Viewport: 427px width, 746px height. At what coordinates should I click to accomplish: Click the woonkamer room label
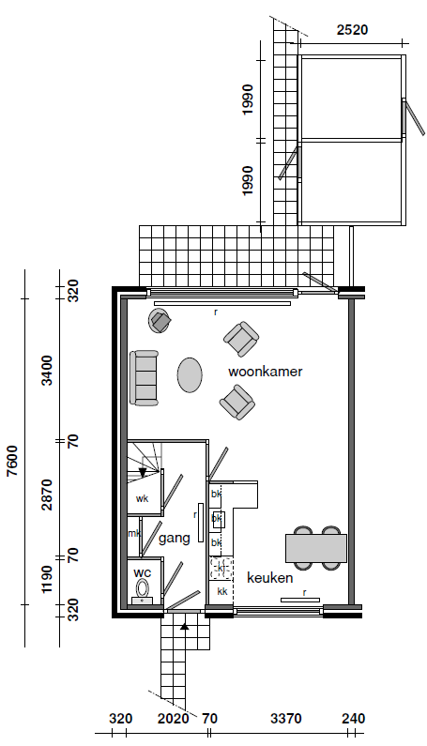tap(266, 371)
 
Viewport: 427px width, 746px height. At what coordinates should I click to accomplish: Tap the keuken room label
tap(269, 578)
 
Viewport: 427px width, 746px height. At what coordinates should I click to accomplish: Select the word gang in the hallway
tap(175, 539)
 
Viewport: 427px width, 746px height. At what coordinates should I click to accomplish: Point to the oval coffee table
tap(190, 375)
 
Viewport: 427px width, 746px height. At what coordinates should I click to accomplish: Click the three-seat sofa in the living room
tap(144, 378)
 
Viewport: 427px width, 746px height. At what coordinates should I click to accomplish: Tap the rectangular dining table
tap(316, 548)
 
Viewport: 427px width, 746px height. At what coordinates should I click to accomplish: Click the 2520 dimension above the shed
tap(352, 29)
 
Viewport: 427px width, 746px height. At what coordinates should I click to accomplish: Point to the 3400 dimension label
tap(47, 370)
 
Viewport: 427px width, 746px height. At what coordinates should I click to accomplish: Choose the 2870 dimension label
tap(47, 495)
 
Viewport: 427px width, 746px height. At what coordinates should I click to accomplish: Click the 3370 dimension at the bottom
tap(286, 719)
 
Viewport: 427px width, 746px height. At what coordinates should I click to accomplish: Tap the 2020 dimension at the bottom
tap(174, 719)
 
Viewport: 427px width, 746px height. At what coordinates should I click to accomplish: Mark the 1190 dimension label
tap(47, 580)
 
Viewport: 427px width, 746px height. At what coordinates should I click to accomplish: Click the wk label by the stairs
tap(142, 498)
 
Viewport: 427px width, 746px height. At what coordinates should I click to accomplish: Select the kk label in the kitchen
tap(221, 591)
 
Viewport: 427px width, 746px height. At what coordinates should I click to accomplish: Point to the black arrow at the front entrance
tap(185, 626)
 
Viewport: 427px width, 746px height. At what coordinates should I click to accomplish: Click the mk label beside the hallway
tap(134, 533)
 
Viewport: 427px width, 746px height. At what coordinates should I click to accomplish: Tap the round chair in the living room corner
tap(159, 321)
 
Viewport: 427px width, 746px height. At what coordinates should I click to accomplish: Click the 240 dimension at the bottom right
tap(353, 719)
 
